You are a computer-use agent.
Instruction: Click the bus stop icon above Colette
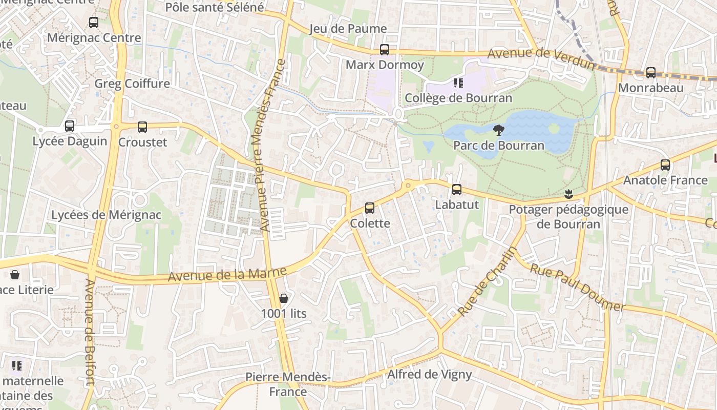tap(370, 208)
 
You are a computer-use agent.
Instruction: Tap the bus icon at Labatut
tap(457, 190)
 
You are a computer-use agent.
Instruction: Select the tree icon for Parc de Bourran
tap(498, 130)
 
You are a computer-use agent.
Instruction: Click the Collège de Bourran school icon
tap(458, 83)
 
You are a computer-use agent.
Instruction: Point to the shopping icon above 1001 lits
tap(284, 298)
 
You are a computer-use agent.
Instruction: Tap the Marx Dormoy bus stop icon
tap(385, 50)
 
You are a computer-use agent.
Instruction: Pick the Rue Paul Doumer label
tap(577, 288)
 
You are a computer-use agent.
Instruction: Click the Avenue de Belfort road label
tap(90, 332)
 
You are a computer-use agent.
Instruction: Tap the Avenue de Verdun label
tap(542, 58)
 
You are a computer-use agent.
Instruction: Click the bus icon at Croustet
tap(142, 127)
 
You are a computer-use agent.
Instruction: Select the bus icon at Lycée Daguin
tap(70, 126)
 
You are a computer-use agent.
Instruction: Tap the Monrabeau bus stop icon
tap(651, 73)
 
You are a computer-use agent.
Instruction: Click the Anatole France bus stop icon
tap(665, 165)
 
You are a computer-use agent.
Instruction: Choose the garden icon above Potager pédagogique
tap(568, 194)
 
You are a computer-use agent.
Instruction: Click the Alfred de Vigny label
tap(429, 374)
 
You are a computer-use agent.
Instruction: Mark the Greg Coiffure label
tap(132, 84)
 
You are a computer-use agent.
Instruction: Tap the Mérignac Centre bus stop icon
tap(94, 23)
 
